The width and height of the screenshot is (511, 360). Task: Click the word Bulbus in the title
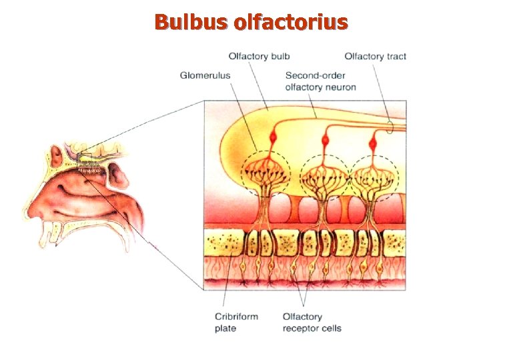[x=191, y=22]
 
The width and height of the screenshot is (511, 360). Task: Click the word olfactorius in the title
[x=290, y=22]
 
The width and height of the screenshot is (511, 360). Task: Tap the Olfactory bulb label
[x=259, y=57]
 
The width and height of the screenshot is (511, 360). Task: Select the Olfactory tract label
[x=375, y=57]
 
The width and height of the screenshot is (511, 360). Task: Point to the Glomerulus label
[x=205, y=75]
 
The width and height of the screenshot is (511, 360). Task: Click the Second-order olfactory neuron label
[x=320, y=81]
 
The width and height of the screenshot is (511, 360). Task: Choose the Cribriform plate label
[x=236, y=322]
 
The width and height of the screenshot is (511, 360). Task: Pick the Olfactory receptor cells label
[x=312, y=322]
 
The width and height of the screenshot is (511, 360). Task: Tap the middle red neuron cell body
[x=326, y=141]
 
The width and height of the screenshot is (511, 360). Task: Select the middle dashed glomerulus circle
[x=324, y=175]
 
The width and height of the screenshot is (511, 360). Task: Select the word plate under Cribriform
[x=225, y=328]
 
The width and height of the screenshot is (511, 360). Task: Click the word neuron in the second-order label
[x=341, y=87]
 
